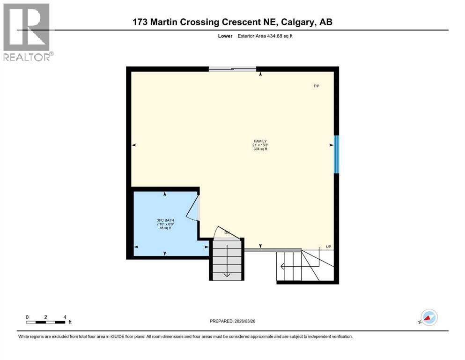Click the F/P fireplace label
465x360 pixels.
click(x=317, y=86)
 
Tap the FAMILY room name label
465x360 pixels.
click(x=260, y=141)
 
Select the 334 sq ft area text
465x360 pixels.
click(x=260, y=150)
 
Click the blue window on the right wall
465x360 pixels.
click(x=336, y=154)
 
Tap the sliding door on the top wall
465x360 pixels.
click(x=232, y=69)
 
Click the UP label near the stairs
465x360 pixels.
click(x=329, y=247)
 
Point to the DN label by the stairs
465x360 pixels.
click(x=227, y=232)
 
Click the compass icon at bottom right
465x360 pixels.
click(x=428, y=317)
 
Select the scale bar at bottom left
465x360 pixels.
click(x=46, y=322)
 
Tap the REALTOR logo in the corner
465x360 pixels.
click(x=27, y=32)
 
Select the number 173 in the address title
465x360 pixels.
click(x=140, y=22)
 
